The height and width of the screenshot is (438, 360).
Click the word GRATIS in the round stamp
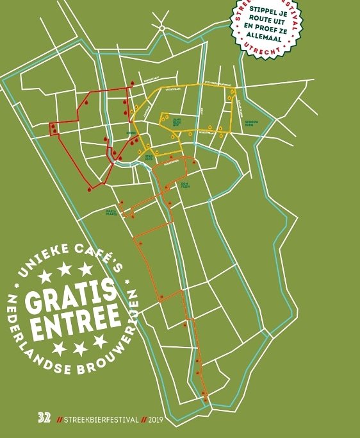[x=71, y=297]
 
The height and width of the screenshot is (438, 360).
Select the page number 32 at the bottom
[x=44, y=418]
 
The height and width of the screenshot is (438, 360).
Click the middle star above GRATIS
[x=65, y=270]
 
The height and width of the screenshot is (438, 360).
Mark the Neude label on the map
[x=130, y=134]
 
